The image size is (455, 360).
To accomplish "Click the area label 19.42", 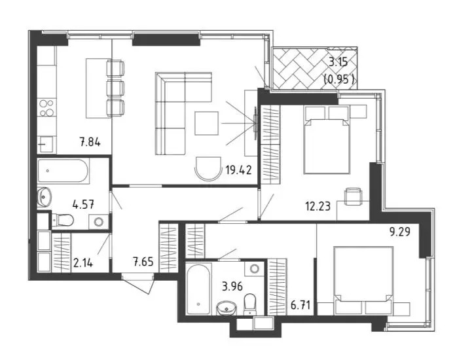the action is pos(238,170).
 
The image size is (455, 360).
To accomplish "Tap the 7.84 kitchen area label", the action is pos(90,143).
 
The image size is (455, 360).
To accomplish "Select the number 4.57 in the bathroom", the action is pos(83,204).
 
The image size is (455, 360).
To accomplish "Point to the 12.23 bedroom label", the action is pos(318,207).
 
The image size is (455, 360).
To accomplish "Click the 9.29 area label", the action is pos(400,232).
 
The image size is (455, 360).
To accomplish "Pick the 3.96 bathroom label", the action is pos(232,287).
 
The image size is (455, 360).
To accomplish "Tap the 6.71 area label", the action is pos(300,305).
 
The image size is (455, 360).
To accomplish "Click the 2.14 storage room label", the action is pos(83,263).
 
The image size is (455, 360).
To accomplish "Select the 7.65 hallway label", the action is pos(143,262).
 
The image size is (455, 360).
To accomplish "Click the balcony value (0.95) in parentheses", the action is pos(339,79).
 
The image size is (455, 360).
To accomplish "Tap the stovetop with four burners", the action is pos(46,107).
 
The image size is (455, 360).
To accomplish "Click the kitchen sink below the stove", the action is pos(46,144).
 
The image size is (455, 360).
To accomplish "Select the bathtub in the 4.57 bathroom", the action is pos(63,171).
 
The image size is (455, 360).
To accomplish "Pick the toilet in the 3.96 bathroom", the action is pos(249,304).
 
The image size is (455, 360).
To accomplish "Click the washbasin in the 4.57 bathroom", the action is pos(44,197).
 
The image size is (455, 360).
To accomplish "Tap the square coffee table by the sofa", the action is pos(206,123).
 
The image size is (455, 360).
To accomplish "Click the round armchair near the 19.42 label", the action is pos(208,168).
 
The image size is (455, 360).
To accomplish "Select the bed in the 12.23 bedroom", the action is pos(326,141).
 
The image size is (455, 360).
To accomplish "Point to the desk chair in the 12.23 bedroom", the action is pos(353,196).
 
